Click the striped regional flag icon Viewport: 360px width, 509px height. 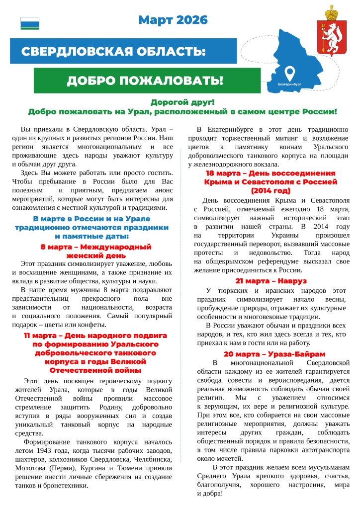[29, 23]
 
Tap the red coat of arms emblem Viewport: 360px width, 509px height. [328, 31]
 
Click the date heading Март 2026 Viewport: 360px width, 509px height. [173, 20]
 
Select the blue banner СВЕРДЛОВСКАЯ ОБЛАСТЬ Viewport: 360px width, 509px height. [113, 52]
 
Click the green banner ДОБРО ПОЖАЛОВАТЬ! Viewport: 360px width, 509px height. [145, 81]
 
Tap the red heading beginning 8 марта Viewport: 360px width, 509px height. [95, 247]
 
